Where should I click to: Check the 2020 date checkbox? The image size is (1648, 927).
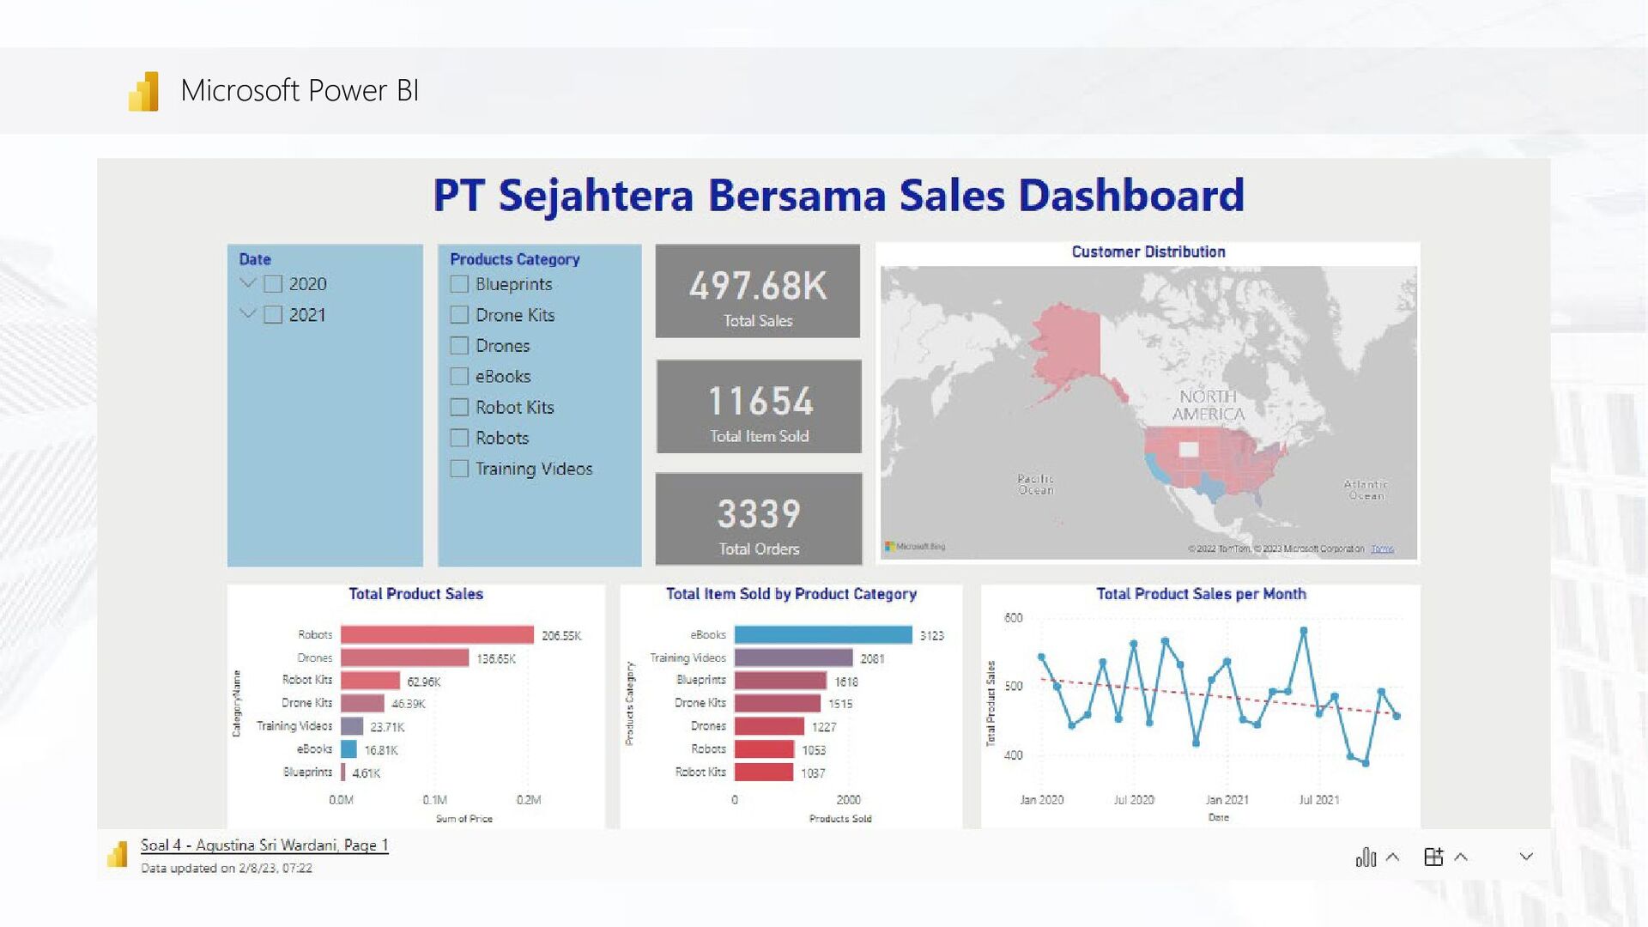[273, 284]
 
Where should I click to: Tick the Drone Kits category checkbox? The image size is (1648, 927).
[459, 315]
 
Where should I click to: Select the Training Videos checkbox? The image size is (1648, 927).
[459, 469]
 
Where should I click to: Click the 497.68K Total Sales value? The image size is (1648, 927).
[757, 286]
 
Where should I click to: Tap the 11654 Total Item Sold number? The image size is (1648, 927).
[759, 401]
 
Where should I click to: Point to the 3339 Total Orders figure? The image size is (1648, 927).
[759, 514]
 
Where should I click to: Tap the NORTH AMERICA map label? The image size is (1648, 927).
[1208, 405]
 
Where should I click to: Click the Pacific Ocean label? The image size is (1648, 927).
[1035, 484]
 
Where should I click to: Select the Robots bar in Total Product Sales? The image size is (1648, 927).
[437, 635]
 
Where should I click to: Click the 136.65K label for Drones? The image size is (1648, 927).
[496, 659]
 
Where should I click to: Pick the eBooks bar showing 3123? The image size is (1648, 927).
[822, 635]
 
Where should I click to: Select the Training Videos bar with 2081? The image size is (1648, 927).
[793, 658]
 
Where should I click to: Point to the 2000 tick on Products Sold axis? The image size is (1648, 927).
[848, 800]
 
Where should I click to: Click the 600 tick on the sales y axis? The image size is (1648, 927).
[1013, 618]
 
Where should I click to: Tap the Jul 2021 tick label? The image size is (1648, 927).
[1318, 800]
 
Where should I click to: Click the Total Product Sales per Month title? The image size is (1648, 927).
[1200, 594]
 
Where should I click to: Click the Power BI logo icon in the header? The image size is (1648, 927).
[144, 91]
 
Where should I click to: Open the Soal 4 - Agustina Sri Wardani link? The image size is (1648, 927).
[264, 845]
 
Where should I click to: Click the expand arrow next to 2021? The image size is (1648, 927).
[248, 314]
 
